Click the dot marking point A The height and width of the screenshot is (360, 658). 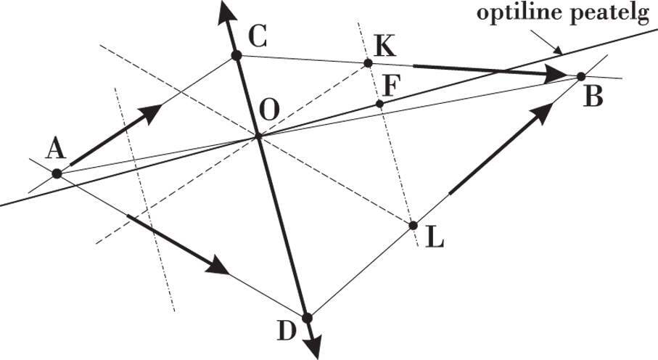[57, 173]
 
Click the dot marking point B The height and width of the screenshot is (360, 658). [580, 76]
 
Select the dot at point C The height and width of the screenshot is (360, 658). [235, 55]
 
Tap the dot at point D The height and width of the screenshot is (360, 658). [307, 318]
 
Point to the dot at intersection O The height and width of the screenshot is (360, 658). [258, 136]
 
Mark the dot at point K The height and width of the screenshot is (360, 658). [368, 64]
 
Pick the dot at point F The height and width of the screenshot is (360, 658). [379, 105]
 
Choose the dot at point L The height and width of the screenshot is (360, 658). [413, 225]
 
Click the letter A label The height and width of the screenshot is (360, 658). [54, 150]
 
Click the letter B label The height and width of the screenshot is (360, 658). [593, 97]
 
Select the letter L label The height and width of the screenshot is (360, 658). [435, 238]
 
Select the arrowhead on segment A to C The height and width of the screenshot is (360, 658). [151, 113]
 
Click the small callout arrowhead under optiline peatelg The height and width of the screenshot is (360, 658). [559, 52]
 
